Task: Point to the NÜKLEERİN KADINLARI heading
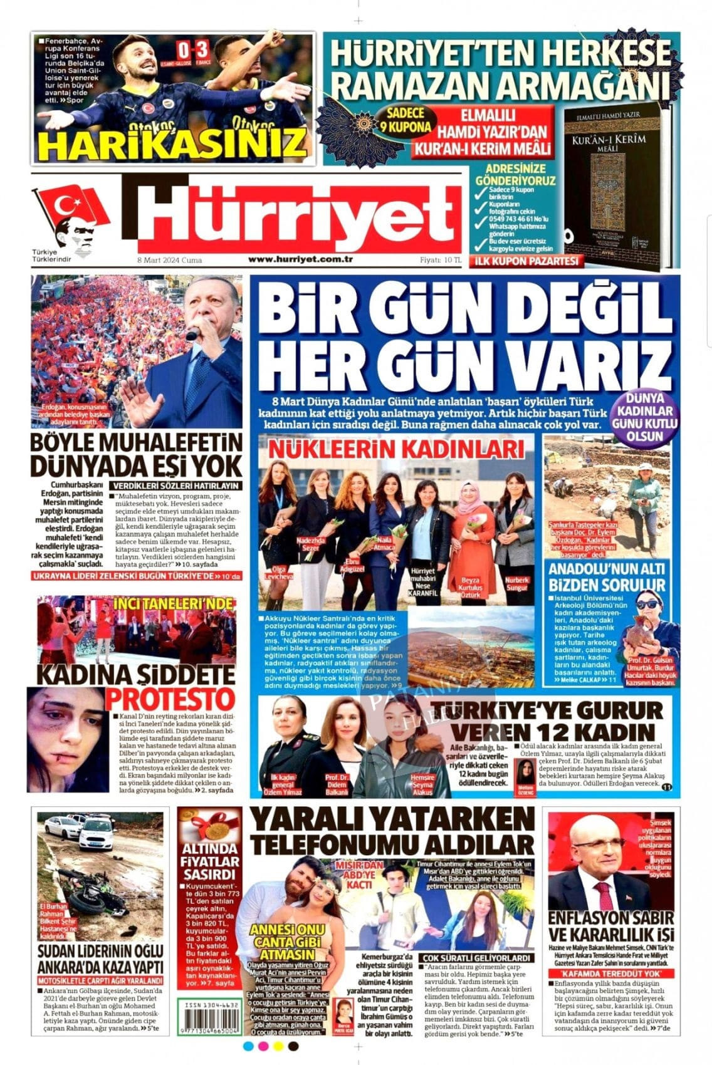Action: (396, 449)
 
